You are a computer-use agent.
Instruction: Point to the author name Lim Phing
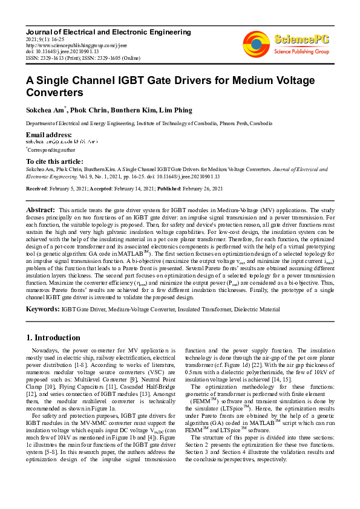[177, 110]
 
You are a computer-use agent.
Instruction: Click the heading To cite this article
[54, 161]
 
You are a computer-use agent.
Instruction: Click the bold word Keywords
[42, 308]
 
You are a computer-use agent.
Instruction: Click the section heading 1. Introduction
[53, 337]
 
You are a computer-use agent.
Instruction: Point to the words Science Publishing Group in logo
[301, 52]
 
